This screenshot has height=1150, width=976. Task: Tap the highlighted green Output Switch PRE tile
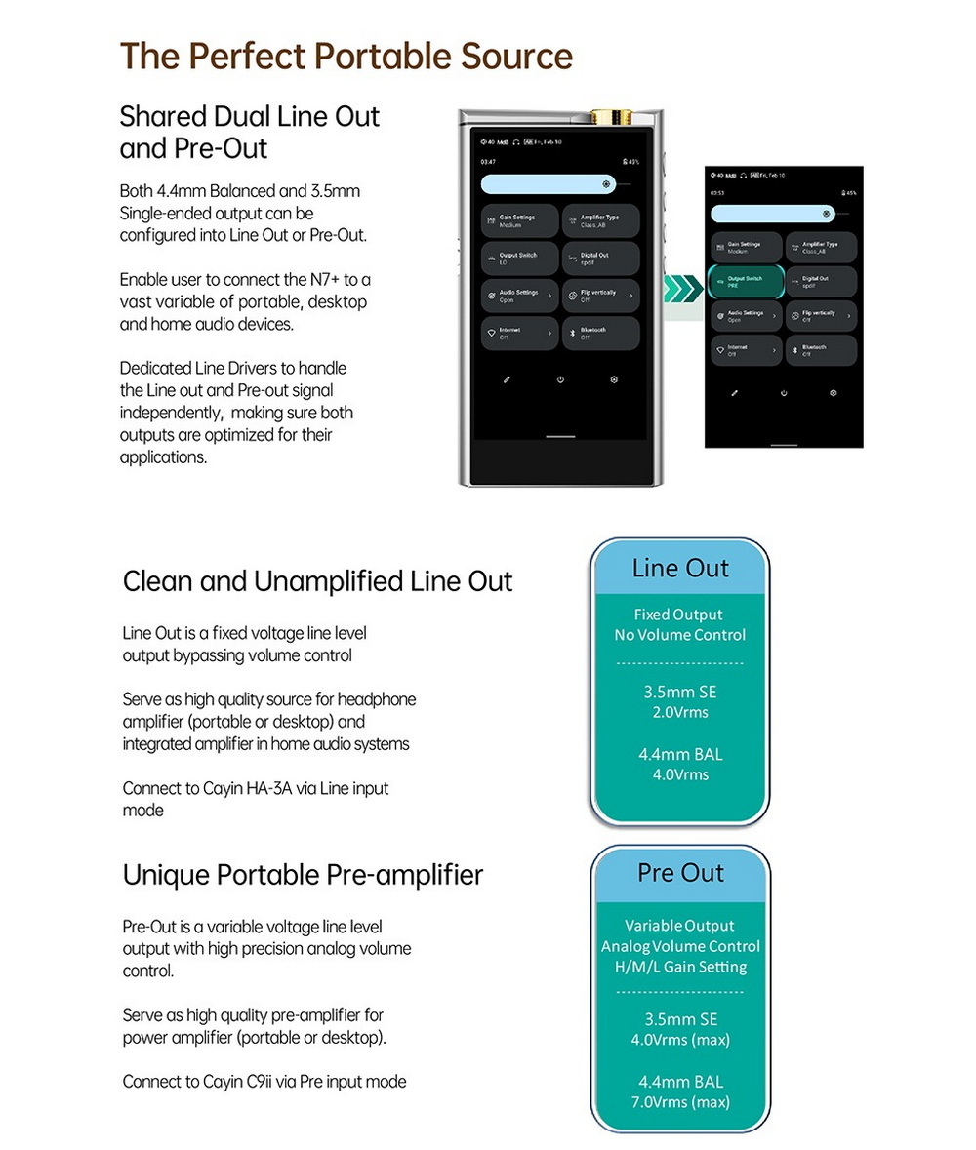click(x=746, y=281)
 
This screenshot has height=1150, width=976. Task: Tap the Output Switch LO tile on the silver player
click(x=520, y=258)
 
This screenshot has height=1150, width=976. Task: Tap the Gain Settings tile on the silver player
click(x=520, y=220)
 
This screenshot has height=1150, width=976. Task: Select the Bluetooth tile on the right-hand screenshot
click(x=821, y=350)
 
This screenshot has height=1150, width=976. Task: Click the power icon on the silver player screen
click(x=560, y=379)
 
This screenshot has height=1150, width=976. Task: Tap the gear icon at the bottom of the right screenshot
click(x=833, y=392)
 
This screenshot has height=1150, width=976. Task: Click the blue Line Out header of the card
click(x=680, y=568)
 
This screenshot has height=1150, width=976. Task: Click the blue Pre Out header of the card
click(x=680, y=872)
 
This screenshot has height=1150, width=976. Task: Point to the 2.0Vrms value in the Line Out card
click(x=680, y=712)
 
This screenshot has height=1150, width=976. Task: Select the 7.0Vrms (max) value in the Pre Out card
click(x=680, y=1102)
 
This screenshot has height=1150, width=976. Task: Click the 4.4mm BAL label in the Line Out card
click(x=680, y=754)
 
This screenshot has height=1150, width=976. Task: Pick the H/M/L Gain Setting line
click(x=680, y=967)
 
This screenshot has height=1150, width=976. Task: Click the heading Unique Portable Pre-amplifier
click(x=303, y=875)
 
